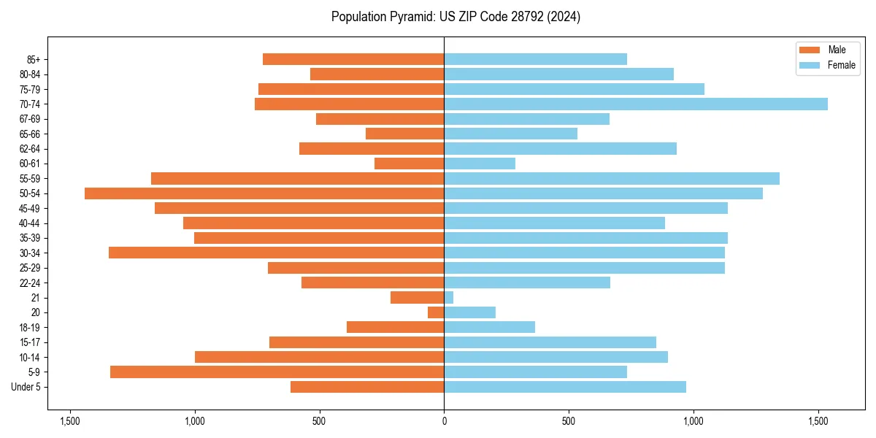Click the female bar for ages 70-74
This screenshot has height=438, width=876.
(636, 104)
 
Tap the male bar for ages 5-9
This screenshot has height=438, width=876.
(277, 372)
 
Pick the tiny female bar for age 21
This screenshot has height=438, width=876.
(449, 297)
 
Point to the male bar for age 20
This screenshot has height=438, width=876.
(436, 312)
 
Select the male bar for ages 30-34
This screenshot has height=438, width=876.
(277, 253)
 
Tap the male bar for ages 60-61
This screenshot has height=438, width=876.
(410, 164)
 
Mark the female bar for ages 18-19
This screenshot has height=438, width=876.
(490, 327)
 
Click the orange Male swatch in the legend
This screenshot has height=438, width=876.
(810, 50)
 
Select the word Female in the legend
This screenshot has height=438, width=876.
(842, 65)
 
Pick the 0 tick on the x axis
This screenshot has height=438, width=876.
(444, 421)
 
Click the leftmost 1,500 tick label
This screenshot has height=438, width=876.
(70, 421)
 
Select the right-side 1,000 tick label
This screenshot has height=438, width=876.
(693, 421)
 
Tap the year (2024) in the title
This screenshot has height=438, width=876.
(567, 17)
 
